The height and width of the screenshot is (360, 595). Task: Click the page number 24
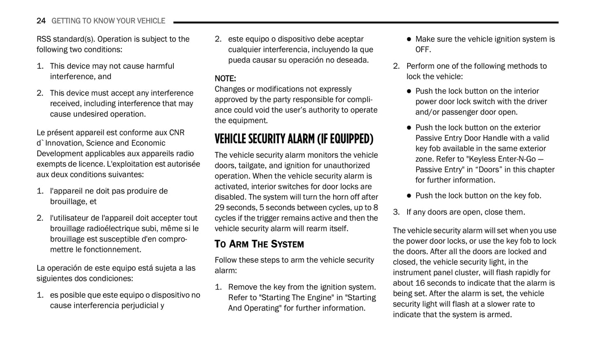pyautogui.click(x=41, y=21)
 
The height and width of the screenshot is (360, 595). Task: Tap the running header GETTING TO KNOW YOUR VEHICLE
pyautogui.click(x=108, y=21)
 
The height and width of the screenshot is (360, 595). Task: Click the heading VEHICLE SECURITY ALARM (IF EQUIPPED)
pyautogui.click(x=294, y=139)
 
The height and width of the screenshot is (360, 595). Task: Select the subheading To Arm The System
pyautogui.click(x=259, y=244)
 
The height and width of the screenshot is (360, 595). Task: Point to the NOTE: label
pyautogui.click(x=225, y=79)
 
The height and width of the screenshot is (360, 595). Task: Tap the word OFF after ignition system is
pyautogui.click(x=422, y=50)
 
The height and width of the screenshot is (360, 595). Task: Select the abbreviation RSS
pyautogui.click(x=44, y=39)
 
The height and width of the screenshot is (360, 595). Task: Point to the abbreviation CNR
pyautogui.click(x=177, y=133)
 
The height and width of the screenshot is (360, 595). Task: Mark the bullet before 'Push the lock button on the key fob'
pyautogui.click(x=409, y=196)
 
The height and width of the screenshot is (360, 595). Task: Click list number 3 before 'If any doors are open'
pyautogui.click(x=396, y=212)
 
